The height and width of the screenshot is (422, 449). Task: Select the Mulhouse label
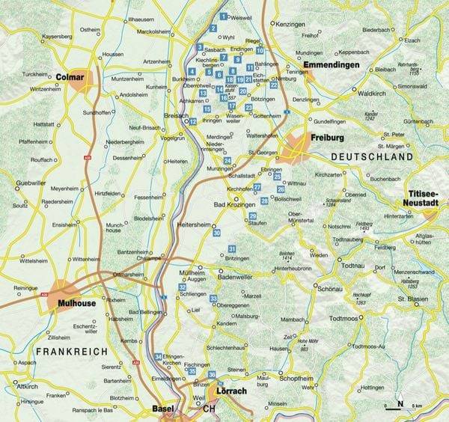point(76,305)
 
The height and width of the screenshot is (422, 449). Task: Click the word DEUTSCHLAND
point(371,159)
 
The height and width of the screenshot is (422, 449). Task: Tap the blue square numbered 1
point(222,16)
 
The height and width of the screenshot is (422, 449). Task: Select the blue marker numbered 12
point(193,121)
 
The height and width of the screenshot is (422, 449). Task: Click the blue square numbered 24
point(227,160)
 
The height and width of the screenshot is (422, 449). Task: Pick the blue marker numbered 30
point(216,233)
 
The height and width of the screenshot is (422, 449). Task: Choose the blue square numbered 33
point(213,299)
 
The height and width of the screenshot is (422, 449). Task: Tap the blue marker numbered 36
point(213,374)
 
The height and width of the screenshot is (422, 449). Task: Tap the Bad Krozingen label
point(236,204)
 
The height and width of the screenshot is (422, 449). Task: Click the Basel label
point(162,409)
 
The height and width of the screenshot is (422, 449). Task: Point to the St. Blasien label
point(412,299)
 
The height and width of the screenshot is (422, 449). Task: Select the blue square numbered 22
point(274,85)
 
